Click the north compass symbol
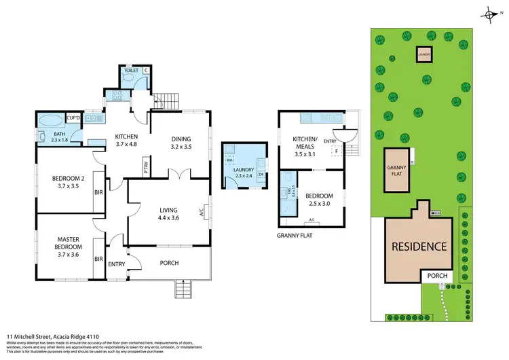pyautogui.click(x=490, y=14)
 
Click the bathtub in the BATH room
pyautogui.click(x=52, y=123)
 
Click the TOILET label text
pyautogui.click(x=130, y=70)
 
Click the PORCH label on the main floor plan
pyautogui.click(x=169, y=263)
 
